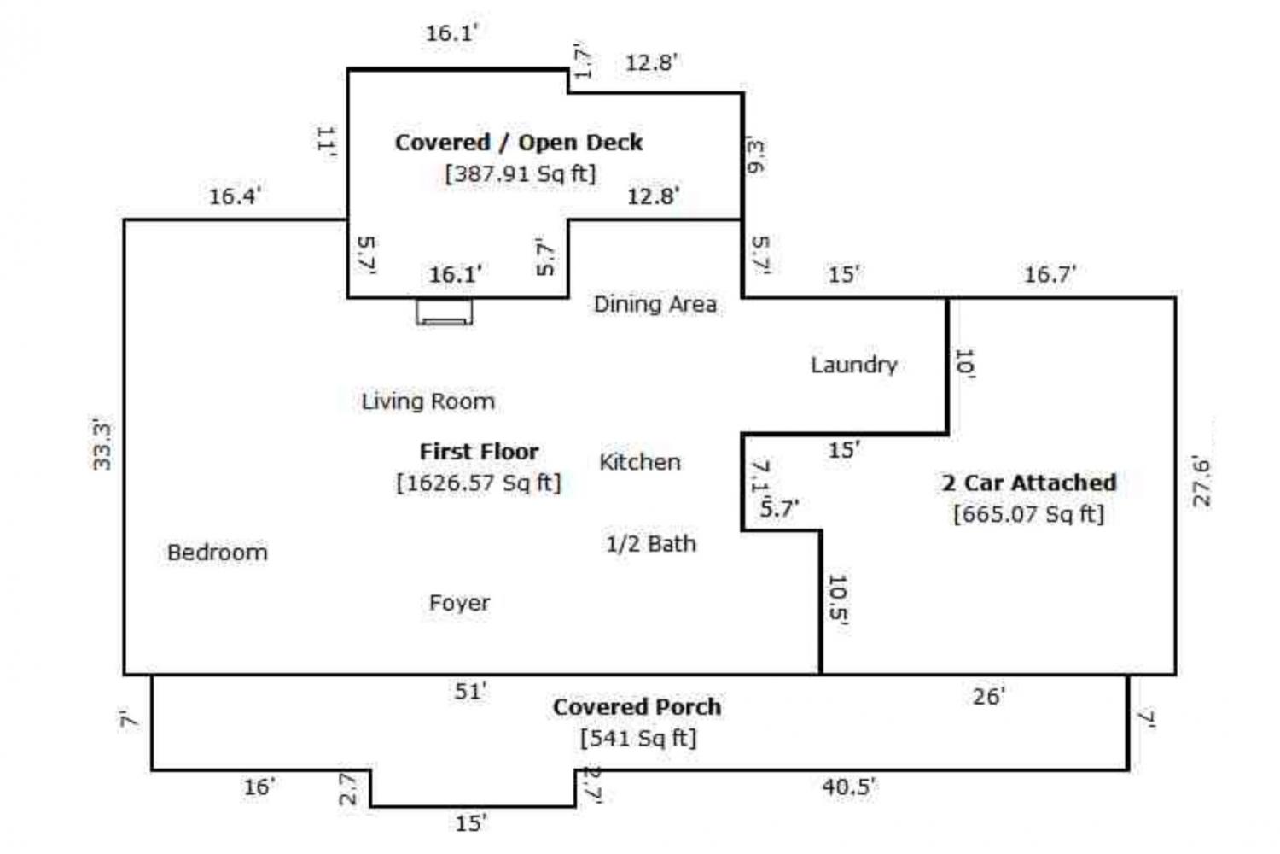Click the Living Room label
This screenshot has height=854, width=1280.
tap(428, 401)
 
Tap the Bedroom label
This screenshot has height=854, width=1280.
tap(217, 553)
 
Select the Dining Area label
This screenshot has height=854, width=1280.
tap(655, 304)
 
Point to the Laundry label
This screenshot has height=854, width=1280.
tap(853, 365)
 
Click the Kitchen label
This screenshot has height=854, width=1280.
tap(640, 462)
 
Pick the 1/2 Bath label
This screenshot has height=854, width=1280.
tap(651, 544)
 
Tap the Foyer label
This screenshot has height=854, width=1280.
tap(459, 603)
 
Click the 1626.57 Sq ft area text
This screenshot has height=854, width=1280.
tap(479, 483)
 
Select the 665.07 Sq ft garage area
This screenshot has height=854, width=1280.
tap(1028, 514)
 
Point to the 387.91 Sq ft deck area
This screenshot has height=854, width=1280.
tap(520, 173)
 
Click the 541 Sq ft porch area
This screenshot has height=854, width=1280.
tap(638, 738)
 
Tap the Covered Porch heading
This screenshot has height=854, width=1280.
tap(637, 707)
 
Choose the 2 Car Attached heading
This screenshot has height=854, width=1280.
tap(1029, 483)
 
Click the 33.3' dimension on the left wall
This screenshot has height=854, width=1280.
tap(102, 444)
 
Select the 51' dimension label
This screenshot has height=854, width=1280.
tap(470, 691)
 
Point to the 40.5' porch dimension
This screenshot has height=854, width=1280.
tap(848, 787)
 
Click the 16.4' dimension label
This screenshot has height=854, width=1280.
tap(235, 196)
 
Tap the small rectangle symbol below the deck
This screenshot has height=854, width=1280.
tap(444, 312)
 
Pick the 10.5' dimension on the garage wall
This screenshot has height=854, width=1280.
tap(838, 600)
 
